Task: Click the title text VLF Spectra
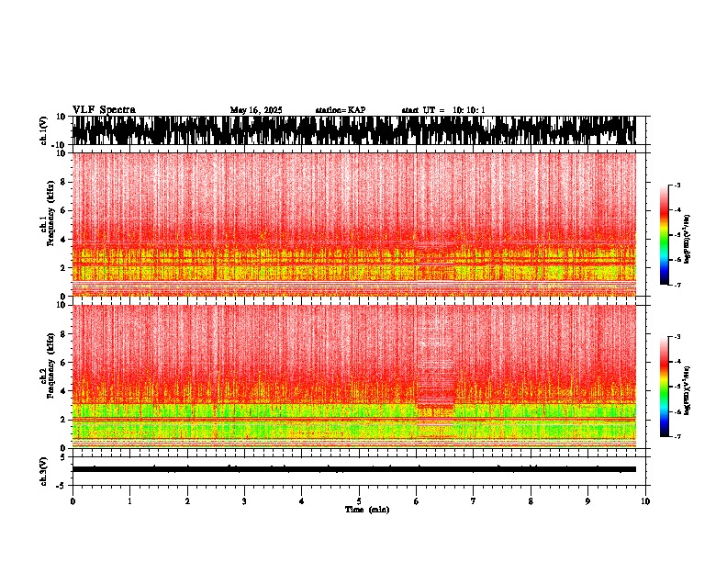click(104, 109)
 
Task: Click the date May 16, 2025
click(256, 110)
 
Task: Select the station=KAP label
click(340, 110)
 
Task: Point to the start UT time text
click(443, 110)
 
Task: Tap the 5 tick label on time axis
click(359, 500)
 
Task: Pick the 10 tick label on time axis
click(645, 500)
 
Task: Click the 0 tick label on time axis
click(73, 500)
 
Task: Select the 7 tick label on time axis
click(474, 500)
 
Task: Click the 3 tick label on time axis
click(244, 500)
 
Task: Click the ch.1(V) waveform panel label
click(43, 130)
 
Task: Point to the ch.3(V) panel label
click(43, 469)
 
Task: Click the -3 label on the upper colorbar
click(677, 185)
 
